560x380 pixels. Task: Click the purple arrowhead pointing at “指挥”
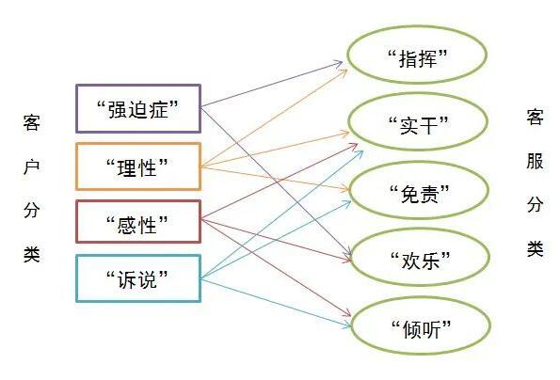pyautogui.click(x=339, y=63)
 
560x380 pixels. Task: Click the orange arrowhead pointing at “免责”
pyautogui.click(x=345, y=189)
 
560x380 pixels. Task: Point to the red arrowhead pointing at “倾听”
pyautogui.click(x=346, y=313)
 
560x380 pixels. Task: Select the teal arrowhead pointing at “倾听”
pyautogui.click(x=346, y=325)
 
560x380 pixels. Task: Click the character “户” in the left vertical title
pyautogui.click(x=31, y=166)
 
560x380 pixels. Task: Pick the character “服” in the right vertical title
pyautogui.click(x=535, y=161)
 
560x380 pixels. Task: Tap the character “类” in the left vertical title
pyautogui.click(x=31, y=254)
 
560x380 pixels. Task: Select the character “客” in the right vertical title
pyautogui.click(x=535, y=117)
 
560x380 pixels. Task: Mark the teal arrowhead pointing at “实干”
pyautogui.click(x=360, y=153)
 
